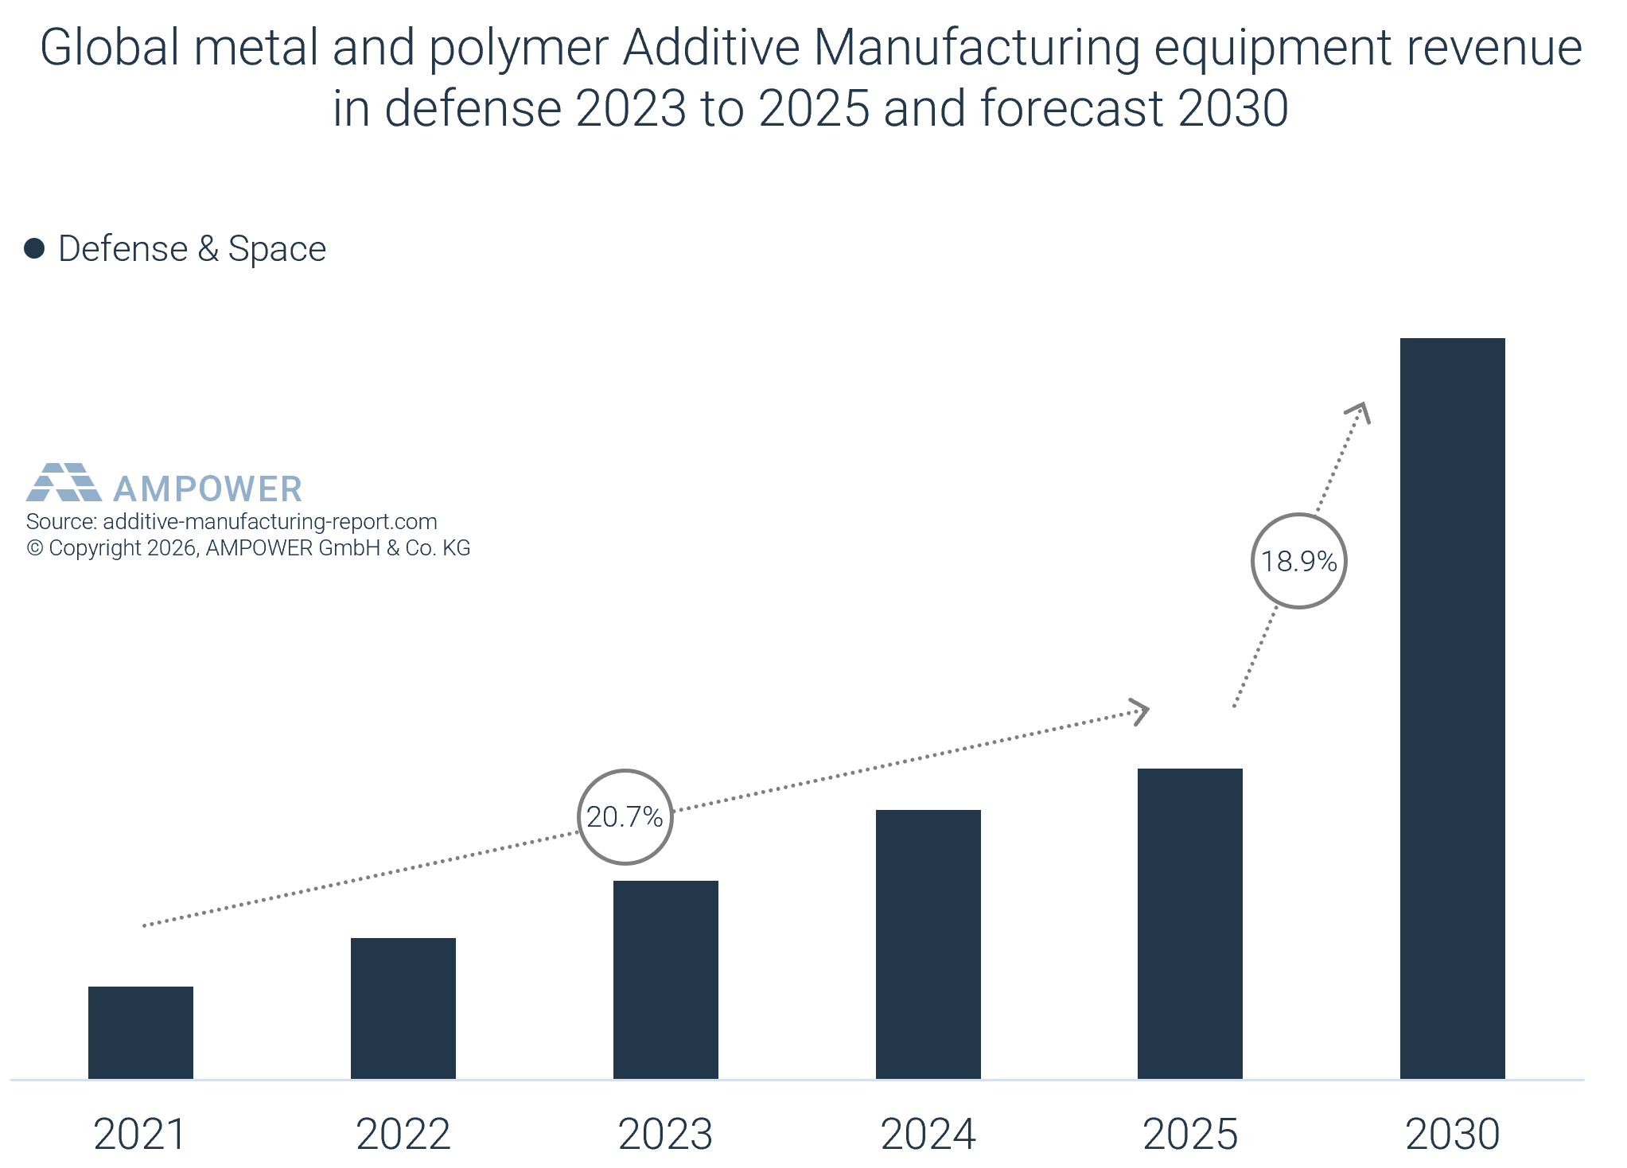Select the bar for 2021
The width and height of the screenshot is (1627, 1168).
[x=141, y=1033]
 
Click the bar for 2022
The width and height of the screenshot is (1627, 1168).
[x=403, y=1008]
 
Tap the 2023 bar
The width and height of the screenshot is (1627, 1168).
[x=666, y=979]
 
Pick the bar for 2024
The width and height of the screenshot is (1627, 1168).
[x=928, y=944]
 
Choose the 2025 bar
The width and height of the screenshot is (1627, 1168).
[x=1190, y=924]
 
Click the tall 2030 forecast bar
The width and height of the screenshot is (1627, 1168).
[x=1453, y=708]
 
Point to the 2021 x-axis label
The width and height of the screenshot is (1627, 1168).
[x=140, y=1134]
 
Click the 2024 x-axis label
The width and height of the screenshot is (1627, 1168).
[x=928, y=1134]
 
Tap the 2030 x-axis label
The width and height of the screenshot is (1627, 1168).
[x=1453, y=1134]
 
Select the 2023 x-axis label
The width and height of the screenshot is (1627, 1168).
[x=666, y=1134]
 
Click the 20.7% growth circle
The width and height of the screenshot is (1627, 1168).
[x=625, y=817]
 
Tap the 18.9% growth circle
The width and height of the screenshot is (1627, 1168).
[x=1299, y=562]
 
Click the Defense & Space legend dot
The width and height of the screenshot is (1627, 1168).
[x=34, y=249]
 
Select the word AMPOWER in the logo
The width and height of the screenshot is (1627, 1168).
[x=208, y=489]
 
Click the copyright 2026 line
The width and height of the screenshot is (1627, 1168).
[x=248, y=548]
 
